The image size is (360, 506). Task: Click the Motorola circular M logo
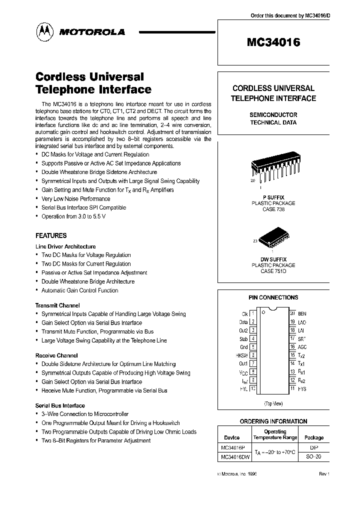pyautogui.click(x=46, y=32)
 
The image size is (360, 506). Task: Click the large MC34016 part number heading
pyautogui.click(x=273, y=43)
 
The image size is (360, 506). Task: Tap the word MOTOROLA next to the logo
pyautogui.click(x=92, y=32)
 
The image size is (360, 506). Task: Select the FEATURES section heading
pyautogui.click(x=51, y=235)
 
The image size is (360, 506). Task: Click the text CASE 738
pyautogui.click(x=273, y=209)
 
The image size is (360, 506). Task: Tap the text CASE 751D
pyautogui.click(x=273, y=271)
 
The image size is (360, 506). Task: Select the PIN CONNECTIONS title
pyautogui.click(x=273, y=297)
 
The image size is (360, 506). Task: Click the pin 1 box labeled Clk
pyautogui.click(x=253, y=313)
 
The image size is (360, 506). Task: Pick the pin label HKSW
pyautogui.click(x=241, y=354)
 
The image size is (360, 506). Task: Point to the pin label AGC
pyautogui.click(x=302, y=346)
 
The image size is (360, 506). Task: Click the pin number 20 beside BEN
pyautogui.click(x=292, y=313)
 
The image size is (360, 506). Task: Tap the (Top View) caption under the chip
pyautogui.click(x=273, y=403)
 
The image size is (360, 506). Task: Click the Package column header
pyautogui.click(x=314, y=437)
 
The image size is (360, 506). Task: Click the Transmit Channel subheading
pyautogui.click(x=57, y=305)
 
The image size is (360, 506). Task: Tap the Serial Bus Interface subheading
pyautogui.click(x=60, y=405)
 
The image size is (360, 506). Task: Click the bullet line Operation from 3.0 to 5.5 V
pyautogui.click(x=73, y=216)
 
